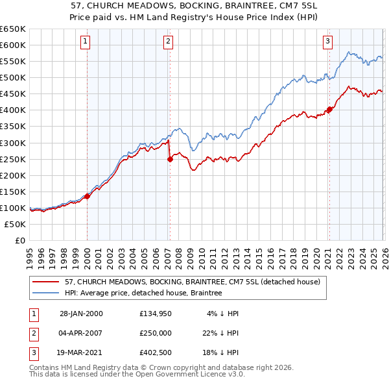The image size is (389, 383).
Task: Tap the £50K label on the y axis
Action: tap(16, 224)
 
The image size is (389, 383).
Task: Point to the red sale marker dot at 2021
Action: tap(329, 109)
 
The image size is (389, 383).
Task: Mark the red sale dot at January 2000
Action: tap(88, 196)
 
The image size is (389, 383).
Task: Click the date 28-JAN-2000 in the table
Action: tap(81, 314)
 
